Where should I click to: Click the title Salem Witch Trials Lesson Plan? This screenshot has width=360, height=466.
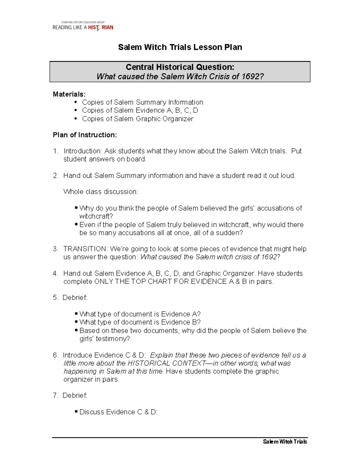(x=180, y=47)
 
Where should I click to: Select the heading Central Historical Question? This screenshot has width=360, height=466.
(x=180, y=67)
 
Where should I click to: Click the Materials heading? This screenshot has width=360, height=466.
(x=69, y=94)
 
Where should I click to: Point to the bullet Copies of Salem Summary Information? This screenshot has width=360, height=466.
(x=142, y=102)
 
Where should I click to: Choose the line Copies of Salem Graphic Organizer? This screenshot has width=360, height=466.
(x=138, y=119)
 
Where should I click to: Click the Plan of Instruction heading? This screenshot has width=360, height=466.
(x=85, y=135)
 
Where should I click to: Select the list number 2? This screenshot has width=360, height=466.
(x=55, y=176)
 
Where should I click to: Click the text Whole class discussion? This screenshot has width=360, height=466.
(x=101, y=192)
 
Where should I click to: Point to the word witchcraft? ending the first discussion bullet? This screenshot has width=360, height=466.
(x=96, y=216)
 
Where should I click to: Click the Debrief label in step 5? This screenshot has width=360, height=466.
(x=75, y=298)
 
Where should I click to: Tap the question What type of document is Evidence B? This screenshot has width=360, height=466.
(x=140, y=322)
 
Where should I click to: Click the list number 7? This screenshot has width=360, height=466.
(x=55, y=396)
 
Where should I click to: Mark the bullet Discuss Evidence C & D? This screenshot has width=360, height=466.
(x=118, y=412)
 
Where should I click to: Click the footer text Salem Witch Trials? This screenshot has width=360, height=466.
(x=285, y=441)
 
